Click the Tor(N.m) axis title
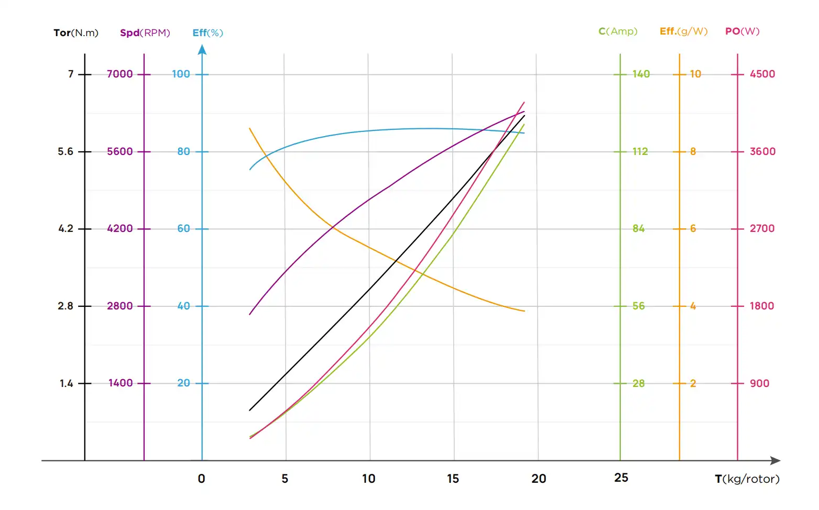click(x=76, y=33)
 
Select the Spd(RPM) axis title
click(x=145, y=33)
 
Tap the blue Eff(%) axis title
click(x=208, y=33)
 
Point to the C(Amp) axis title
click(x=618, y=31)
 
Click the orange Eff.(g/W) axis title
click(x=683, y=31)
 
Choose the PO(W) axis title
click(x=742, y=31)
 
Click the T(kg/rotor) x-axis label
click(x=747, y=479)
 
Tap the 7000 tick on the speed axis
click(x=120, y=74)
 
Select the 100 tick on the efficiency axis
click(x=181, y=74)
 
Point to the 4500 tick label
click(x=762, y=74)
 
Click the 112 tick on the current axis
click(x=640, y=152)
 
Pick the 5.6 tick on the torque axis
click(x=65, y=152)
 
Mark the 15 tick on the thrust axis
click(x=453, y=479)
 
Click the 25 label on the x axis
click(x=621, y=478)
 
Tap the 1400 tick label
click(x=121, y=383)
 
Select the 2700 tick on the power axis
click(x=762, y=229)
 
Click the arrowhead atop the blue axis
click(x=202, y=50)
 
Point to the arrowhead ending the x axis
click(x=776, y=461)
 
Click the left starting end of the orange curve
click(x=250, y=128)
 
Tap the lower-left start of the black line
click(x=250, y=410)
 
